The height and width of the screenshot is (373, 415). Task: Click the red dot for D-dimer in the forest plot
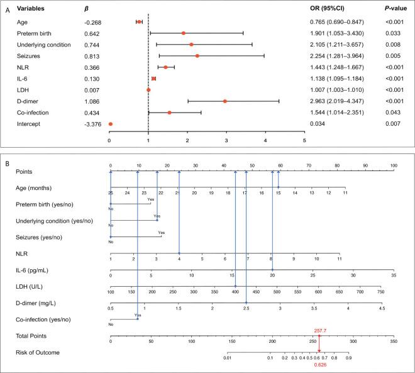point(224,101)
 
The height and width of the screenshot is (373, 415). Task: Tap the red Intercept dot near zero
point(111,124)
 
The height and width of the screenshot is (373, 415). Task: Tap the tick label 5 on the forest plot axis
point(305,140)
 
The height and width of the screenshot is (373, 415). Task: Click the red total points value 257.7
point(319,330)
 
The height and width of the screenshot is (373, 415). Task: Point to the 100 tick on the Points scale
point(394,165)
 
